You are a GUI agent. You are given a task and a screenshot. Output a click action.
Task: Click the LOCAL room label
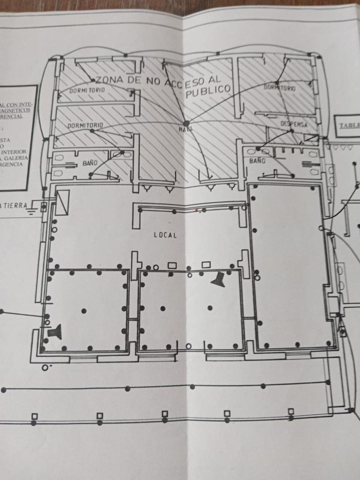tap(165, 235)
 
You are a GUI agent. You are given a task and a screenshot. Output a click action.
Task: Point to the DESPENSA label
tap(294, 124)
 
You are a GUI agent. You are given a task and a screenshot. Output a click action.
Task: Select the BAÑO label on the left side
tap(90, 163)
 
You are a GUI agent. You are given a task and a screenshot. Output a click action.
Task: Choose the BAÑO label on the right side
tap(257, 161)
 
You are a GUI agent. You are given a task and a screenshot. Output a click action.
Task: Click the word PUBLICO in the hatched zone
tap(209, 90)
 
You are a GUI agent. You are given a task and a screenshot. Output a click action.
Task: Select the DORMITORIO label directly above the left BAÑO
tap(85, 126)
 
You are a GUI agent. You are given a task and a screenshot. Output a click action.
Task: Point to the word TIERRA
tap(14, 205)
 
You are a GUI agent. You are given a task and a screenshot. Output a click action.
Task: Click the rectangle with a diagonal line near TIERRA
tap(63, 202)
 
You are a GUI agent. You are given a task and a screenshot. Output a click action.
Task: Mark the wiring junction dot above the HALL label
tap(186, 124)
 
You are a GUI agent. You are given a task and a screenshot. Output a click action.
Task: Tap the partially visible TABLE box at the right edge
tap(348, 126)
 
